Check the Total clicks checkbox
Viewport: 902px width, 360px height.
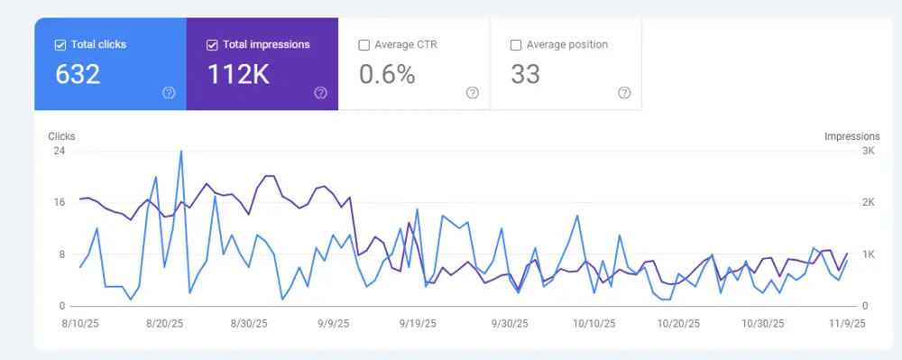[x=60, y=44]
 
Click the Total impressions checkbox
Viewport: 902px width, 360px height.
[x=212, y=44]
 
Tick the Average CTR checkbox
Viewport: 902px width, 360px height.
[x=364, y=44]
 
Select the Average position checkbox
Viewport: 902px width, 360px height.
[x=516, y=44]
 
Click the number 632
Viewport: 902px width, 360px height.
[x=78, y=74]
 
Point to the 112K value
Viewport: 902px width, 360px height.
[x=238, y=74]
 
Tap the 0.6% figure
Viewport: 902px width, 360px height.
[x=387, y=74]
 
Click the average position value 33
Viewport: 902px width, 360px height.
[x=525, y=74]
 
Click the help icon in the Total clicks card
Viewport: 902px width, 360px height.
[x=169, y=93]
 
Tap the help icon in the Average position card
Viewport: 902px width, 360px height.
[x=624, y=93]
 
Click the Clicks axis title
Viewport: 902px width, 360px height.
[x=61, y=136]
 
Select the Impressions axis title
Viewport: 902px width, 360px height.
[x=851, y=136]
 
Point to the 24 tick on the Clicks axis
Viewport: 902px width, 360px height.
[x=60, y=151]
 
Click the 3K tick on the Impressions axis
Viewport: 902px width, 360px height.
[x=868, y=151]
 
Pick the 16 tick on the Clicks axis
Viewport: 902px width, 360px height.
[x=60, y=202]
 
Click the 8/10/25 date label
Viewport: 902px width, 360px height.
[x=80, y=323]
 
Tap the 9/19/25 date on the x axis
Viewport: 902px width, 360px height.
[x=418, y=323]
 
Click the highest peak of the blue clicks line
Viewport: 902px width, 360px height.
[x=181, y=151]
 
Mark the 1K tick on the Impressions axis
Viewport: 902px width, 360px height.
[x=868, y=254]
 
